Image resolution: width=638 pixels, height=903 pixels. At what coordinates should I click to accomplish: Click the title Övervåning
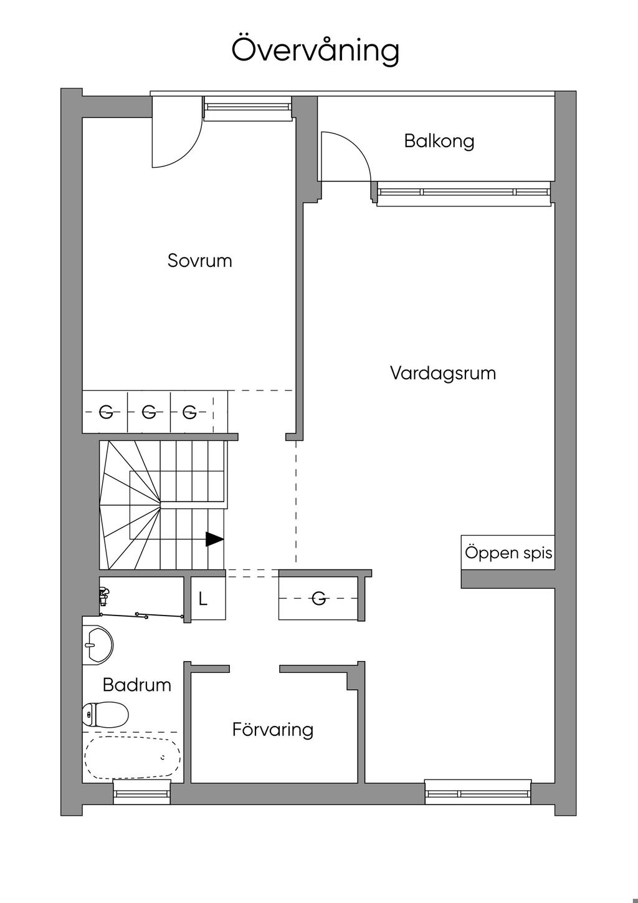[x=315, y=50]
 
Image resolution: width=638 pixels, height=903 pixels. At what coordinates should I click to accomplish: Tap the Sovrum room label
[x=200, y=261]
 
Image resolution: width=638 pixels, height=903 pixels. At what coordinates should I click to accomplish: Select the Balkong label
[x=439, y=142]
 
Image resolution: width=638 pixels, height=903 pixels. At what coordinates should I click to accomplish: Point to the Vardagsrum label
[x=443, y=374]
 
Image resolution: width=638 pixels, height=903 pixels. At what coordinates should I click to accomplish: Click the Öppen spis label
[x=508, y=553]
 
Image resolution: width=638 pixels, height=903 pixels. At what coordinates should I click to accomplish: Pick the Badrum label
[x=137, y=685]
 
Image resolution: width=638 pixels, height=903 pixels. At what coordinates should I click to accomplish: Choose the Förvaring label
[x=273, y=730]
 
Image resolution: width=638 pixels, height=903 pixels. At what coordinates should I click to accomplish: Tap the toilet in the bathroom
[x=105, y=714]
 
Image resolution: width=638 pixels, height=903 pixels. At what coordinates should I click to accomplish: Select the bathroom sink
[x=98, y=644]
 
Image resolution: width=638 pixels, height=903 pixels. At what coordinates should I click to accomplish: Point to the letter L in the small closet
[x=203, y=599]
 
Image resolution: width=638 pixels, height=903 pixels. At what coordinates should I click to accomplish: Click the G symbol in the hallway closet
[x=318, y=599]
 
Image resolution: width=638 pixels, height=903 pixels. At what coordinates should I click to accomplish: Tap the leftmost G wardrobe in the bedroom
[x=106, y=412]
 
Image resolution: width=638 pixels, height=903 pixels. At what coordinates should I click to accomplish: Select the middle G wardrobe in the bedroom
[x=149, y=412]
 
